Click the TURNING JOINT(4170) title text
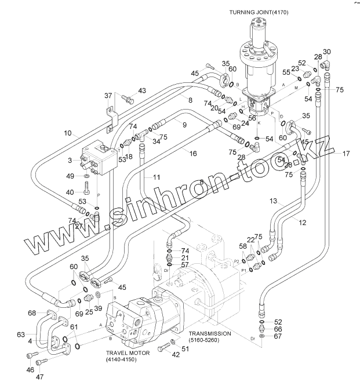click(x=259, y=12)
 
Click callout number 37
click(x=108, y=96)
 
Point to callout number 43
click(x=142, y=90)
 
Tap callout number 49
click(x=70, y=176)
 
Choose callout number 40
click(x=70, y=192)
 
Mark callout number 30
click(x=327, y=52)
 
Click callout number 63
click(x=21, y=335)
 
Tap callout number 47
click(x=39, y=377)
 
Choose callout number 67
click(x=278, y=336)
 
